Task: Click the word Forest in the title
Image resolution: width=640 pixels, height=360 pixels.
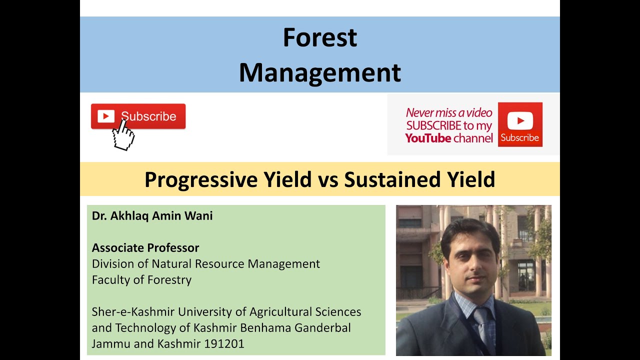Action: pos(320,37)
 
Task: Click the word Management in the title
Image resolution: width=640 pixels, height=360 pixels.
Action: pos(320,72)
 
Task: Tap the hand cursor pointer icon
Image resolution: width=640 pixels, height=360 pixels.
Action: pos(123,135)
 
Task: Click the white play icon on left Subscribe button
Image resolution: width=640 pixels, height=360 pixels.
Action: pos(105,116)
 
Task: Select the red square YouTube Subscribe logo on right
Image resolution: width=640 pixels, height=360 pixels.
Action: pos(520,124)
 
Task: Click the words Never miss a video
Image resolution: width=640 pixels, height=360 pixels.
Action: pos(449,113)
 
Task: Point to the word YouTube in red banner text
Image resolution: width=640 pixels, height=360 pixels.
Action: pos(428,138)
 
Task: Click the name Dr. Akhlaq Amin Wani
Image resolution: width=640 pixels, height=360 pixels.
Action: pos(152,216)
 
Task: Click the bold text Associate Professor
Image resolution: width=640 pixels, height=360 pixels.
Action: pos(145,248)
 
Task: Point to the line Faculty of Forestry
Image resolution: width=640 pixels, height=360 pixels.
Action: pos(141,280)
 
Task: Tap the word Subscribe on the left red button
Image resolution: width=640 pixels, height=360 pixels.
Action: pos(148,116)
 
